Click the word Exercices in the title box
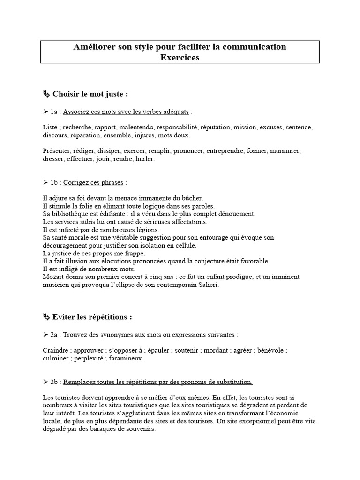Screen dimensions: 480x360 180,58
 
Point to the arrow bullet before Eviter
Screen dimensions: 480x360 46,317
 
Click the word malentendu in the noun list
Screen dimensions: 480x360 136,127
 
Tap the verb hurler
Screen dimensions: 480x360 144,159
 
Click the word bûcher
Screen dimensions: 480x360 192,198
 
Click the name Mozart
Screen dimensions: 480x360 53,277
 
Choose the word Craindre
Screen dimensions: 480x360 54,351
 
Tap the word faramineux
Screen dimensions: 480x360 127,359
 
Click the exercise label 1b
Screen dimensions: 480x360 55,182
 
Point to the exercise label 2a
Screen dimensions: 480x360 55,335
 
